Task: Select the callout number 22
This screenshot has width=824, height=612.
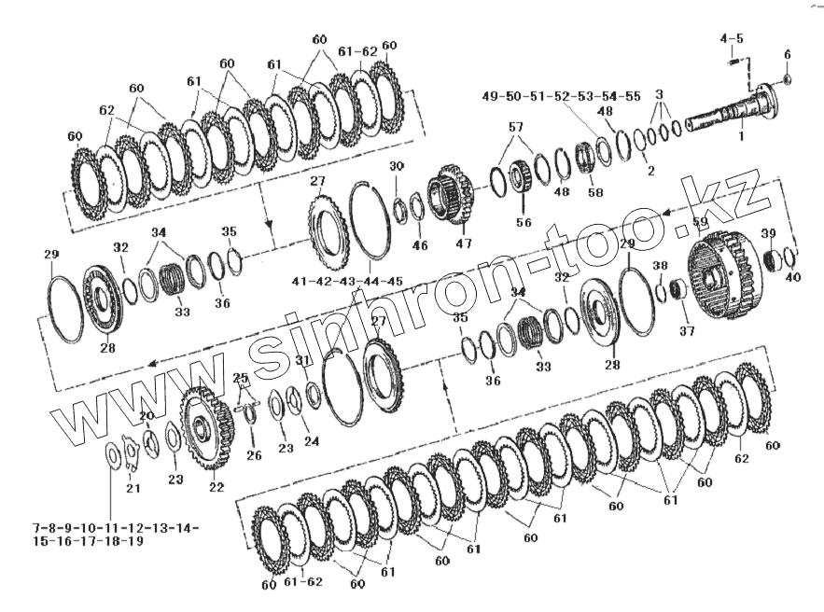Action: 216,486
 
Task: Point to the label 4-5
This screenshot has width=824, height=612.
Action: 731,38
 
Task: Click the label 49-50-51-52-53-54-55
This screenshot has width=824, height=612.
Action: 561,96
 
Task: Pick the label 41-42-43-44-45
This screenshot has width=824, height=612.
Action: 346,281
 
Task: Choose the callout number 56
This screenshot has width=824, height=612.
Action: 523,223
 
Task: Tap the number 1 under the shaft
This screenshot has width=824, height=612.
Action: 741,136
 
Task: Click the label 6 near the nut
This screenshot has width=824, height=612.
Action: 786,54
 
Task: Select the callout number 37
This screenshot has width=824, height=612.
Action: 687,329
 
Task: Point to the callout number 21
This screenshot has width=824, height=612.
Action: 133,488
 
